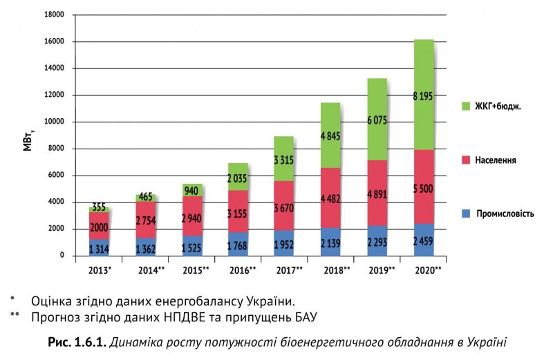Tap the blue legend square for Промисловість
465,214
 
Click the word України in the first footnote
270,301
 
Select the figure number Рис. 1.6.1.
76,342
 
